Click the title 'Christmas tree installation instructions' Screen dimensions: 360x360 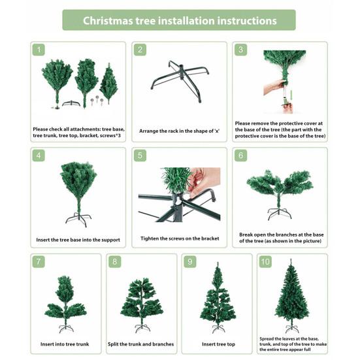180,20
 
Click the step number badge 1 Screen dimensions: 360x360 39,50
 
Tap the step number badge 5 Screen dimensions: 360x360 140,155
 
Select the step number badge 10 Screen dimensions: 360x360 265,261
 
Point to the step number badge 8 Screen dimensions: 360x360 116,261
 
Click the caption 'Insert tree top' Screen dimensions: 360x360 218,344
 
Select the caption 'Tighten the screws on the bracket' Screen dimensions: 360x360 180,238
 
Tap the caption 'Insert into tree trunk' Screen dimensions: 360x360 65,344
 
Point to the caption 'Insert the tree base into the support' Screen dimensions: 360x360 78,239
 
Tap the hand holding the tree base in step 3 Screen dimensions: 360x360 273,88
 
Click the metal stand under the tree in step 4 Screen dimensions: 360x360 78,218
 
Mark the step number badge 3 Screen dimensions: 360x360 241,50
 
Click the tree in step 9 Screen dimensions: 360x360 217,297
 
